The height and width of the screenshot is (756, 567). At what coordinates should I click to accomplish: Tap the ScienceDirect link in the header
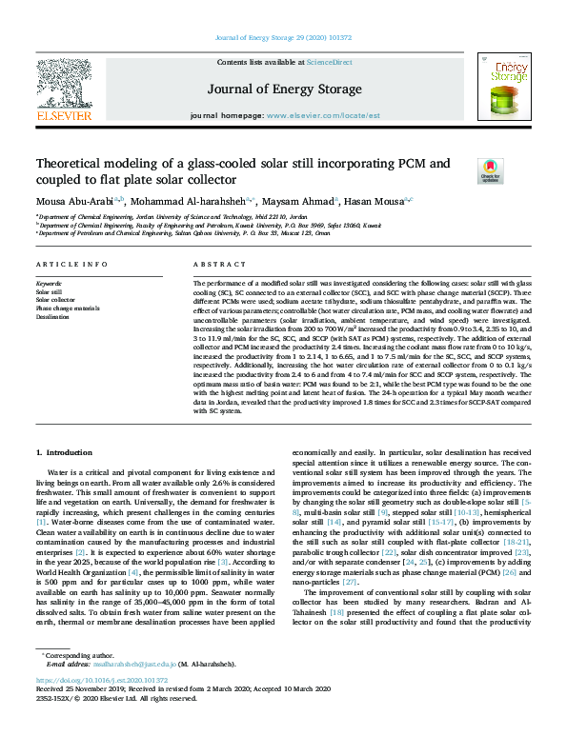329,62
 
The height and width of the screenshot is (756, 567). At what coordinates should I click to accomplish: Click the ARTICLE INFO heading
68,264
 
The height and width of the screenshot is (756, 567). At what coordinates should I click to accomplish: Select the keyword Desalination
54,317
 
